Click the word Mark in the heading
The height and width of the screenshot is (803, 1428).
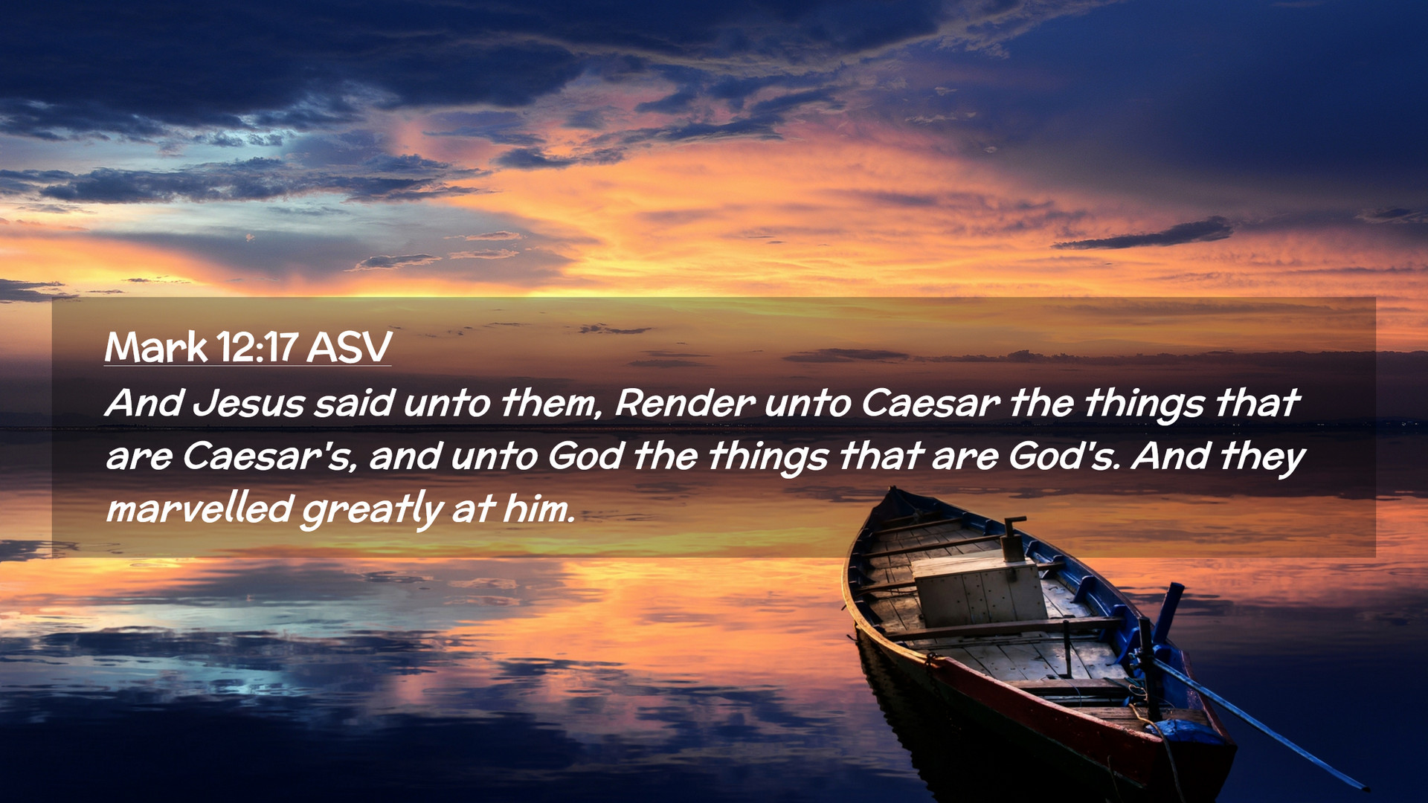point(156,346)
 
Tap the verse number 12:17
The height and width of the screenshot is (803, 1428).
point(257,346)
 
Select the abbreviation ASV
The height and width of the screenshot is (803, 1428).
point(350,346)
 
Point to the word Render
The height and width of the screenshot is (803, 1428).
point(685,403)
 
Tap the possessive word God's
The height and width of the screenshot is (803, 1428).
point(1064,456)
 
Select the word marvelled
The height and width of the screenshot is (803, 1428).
point(199,509)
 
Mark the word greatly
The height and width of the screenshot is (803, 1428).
point(372,511)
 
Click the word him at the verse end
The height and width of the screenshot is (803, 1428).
point(539,509)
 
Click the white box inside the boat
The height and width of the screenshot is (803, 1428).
point(980,590)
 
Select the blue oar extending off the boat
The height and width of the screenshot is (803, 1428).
point(1264,726)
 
